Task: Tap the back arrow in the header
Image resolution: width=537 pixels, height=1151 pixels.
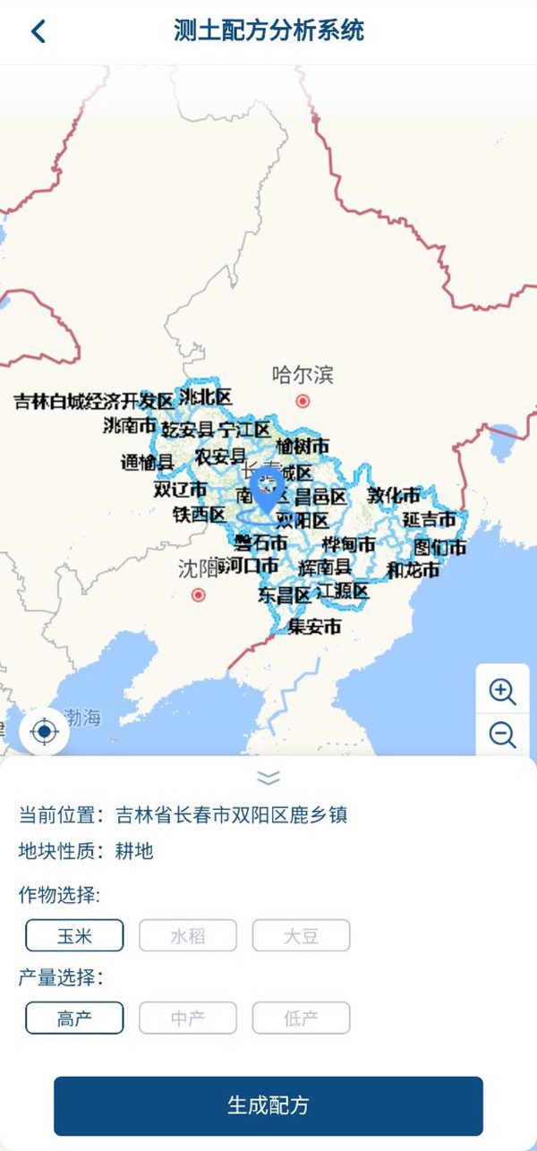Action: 38,31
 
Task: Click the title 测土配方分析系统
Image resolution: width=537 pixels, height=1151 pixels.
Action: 268,30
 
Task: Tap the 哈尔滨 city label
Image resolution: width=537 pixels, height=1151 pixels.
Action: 303,374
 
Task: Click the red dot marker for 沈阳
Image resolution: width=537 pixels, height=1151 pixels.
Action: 199,594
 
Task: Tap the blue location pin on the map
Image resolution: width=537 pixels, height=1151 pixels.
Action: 267,489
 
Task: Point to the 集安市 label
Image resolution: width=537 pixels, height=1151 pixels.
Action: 314,627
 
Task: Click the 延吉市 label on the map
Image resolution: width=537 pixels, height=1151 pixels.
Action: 429,519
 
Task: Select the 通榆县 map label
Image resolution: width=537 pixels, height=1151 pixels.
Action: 147,463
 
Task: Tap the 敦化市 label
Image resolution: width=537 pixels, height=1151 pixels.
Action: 394,495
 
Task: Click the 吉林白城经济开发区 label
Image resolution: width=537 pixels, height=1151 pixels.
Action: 93,401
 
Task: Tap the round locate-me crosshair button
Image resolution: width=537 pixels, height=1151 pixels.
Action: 44,732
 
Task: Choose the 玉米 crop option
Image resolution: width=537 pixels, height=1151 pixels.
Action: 74,936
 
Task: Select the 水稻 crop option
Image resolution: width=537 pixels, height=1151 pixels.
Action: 188,936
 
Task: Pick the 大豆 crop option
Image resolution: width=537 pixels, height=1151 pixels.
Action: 301,936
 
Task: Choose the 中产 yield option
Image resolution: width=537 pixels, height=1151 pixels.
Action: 188,1018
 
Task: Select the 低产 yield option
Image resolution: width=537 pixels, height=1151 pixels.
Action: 301,1018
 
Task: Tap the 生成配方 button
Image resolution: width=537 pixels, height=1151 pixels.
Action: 268,1105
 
